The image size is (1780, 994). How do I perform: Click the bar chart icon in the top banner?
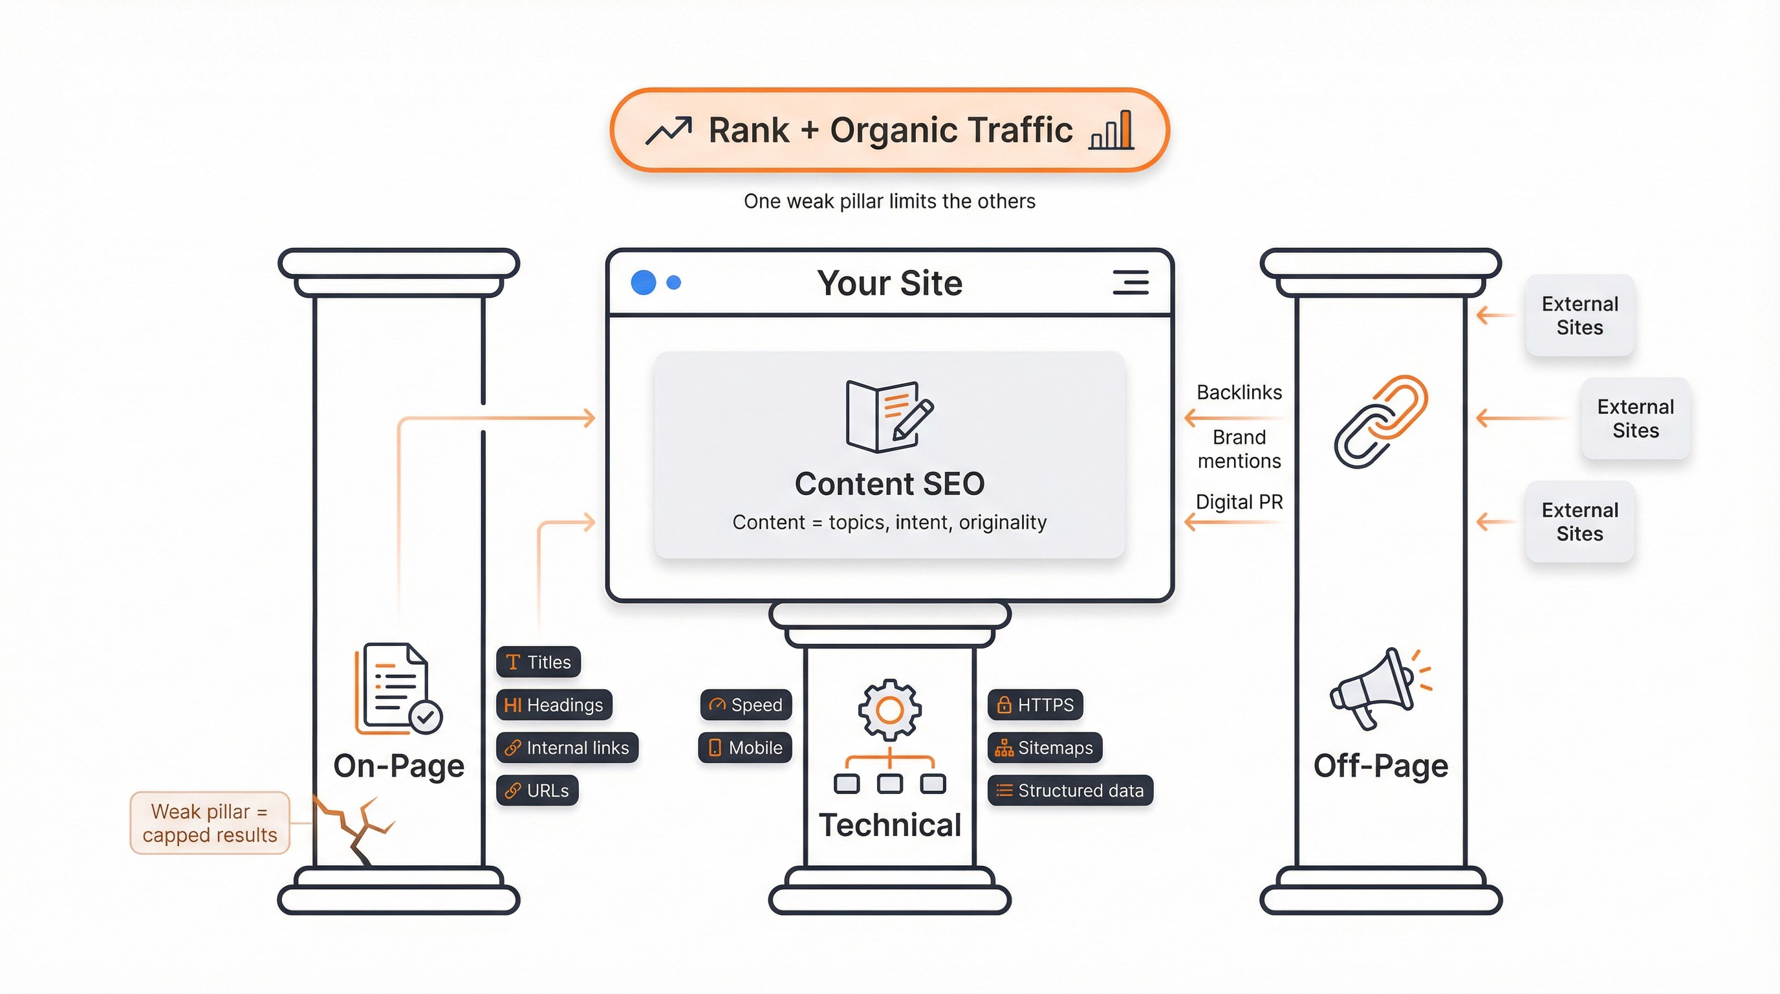click(x=1112, y=130)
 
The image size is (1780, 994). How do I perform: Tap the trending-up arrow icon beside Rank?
click(x=668, y=130)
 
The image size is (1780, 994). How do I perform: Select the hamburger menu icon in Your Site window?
click(x=1131, y=283)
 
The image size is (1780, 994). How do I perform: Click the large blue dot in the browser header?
click(x=644, y=282)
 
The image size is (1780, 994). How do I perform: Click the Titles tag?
click(x=538, y=662)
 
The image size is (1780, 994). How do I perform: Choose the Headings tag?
click(x=554, y=705)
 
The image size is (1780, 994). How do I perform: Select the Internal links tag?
click(x=567, y=748)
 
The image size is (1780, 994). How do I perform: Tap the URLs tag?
click(x=537, y=791)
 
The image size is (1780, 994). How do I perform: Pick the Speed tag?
click(x=746, y=705)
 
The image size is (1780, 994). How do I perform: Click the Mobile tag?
click(x=745, y=748)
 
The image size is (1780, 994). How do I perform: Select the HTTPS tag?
click(x=1034, y=705)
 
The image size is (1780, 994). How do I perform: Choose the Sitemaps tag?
click(x=1044, y=748)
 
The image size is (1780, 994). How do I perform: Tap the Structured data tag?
click(x=1070, y=791)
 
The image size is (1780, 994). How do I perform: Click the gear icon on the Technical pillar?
click(x=889, y=710)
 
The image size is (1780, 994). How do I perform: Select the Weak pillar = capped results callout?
click(x=210, y=823)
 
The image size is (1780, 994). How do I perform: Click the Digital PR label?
click(x=1239, y=502)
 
